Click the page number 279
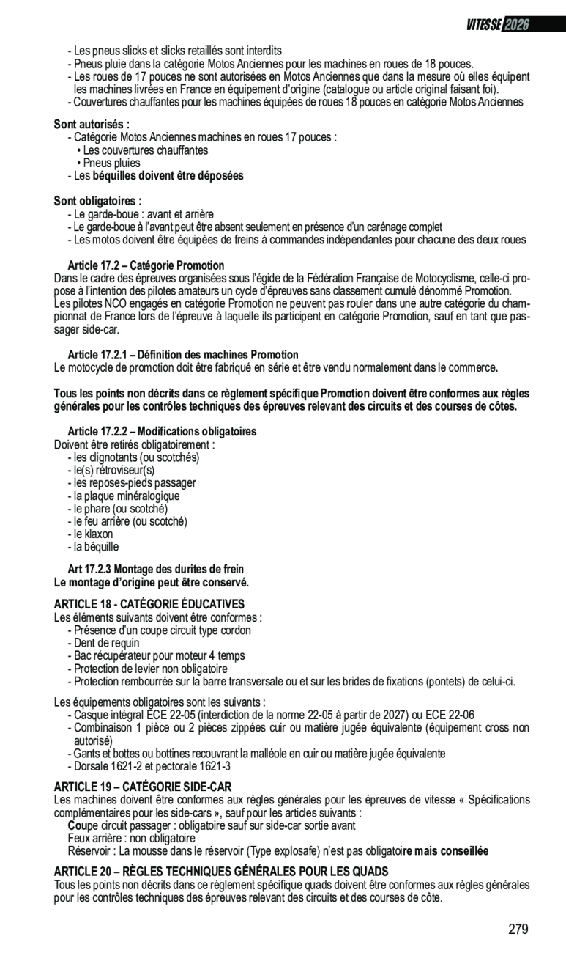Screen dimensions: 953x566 pyautogui.click(x=518, y=929)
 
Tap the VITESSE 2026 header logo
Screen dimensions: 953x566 pyautogui.click(x=497, y=25)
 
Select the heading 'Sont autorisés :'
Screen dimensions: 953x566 pyautogui.click(x=92, y=125)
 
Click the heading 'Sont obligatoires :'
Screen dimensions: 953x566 pyautogui.click(x=97, y=201)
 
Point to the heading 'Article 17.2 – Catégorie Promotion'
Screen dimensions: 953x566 pyautogui.click(x=146, y=265)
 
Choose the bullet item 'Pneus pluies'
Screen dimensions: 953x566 pyautogui.click(x=111, y=163)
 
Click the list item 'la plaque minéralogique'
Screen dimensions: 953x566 pyautogui.click(x=125, y=496)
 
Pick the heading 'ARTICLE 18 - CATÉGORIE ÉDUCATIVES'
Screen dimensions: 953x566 pyautogui.click(x=149, y=604)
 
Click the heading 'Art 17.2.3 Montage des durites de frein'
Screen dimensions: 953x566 pyautogui.click(x=156, y=569)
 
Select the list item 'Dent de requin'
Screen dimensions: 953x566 pyautogui.click(x=106, y=643)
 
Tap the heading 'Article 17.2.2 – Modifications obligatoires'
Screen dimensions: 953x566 pyautogui.click(x=162, y=431)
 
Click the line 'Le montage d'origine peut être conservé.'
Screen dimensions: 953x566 pyautogui.click(x=152, y=583)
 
